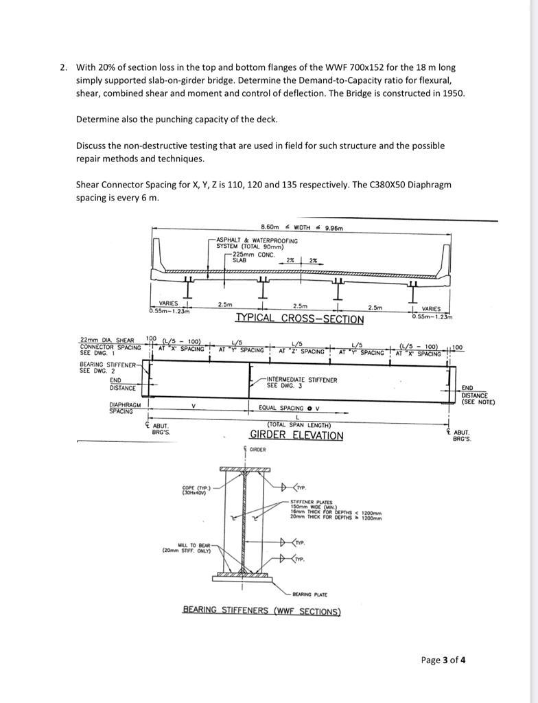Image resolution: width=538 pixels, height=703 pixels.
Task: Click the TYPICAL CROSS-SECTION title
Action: (299, 319)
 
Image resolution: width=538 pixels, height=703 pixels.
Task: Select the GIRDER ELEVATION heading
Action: (296, 435)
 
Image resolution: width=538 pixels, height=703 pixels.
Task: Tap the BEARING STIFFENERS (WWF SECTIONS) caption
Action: (261, 610)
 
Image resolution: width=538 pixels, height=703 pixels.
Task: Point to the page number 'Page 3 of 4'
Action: (443, 660)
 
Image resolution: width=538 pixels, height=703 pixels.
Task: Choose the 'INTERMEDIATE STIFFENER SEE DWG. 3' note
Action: (301, 382)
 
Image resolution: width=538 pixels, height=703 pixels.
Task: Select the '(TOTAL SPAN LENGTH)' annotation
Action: (296, 425)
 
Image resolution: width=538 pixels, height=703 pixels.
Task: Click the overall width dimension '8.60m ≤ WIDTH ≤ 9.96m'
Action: (301, 228)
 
